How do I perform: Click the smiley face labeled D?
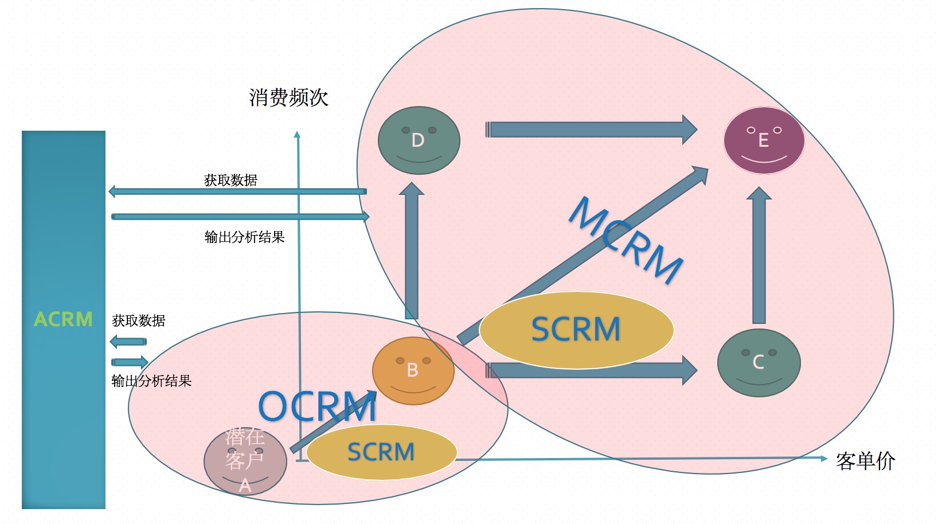pos(419,140)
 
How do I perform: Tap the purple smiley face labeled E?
pos(764,140)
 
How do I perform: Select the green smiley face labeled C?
pos(759,362)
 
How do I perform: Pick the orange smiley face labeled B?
pos(413,371)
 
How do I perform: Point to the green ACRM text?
pos(63,319)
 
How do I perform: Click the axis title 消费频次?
pos(288,97)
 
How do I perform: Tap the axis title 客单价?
pos(865,461)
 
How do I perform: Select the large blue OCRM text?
pos(317,407)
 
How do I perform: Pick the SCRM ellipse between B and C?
pos(576,330)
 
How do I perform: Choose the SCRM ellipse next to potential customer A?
pos(381,452)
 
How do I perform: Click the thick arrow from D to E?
pos(591,130)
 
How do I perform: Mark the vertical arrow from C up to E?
pos(759,255)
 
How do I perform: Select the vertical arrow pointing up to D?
pos(412,252)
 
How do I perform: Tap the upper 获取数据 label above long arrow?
pos(230,180)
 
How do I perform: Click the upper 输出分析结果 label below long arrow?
pos(244,237)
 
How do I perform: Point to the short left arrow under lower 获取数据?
pos(128,342)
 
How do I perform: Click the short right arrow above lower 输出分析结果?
pos(130,362)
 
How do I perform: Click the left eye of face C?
pos(745,353)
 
